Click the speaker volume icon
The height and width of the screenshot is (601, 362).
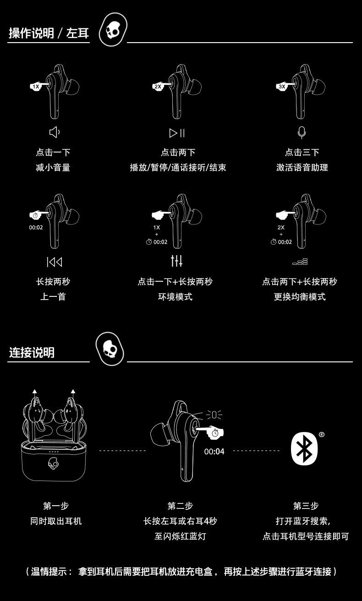55,132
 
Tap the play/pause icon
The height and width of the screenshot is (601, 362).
177,133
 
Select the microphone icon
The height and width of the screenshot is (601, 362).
302,132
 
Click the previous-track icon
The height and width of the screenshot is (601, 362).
54,262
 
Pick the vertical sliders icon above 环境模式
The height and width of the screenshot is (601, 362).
176,261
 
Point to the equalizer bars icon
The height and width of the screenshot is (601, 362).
300,262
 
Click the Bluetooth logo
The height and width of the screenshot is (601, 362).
304,448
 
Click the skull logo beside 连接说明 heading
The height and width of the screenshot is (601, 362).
110,349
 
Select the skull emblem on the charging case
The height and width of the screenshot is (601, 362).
54,464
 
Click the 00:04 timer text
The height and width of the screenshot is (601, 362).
214,452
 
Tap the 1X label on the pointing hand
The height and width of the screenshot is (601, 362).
36,87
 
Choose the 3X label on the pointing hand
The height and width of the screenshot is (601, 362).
281,87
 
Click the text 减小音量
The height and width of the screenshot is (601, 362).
53,168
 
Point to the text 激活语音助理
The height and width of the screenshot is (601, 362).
302,168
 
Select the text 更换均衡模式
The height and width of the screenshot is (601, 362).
300,297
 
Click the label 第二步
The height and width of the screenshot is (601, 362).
180,506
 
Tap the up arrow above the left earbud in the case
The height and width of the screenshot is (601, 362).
35,392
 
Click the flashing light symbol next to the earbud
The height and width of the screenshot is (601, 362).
214,415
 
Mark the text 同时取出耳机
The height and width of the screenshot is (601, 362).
56,521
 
